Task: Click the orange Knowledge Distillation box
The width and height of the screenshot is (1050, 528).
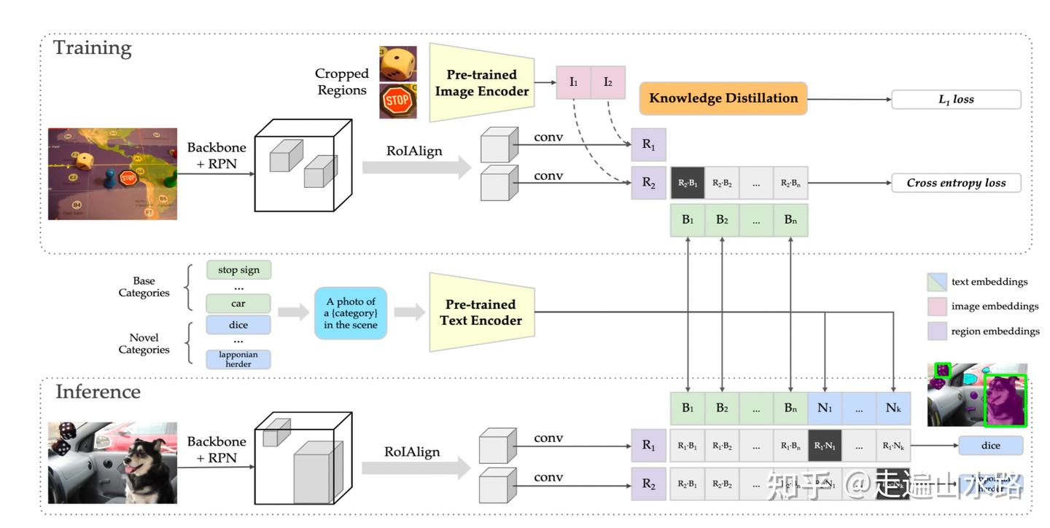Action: [x=723, y=98]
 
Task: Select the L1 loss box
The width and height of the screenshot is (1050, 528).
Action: [x=956, y=100]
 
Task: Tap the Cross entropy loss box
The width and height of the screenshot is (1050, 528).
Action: [x=956, y=183]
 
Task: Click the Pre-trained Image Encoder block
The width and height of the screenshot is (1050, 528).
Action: [x=481, y=83]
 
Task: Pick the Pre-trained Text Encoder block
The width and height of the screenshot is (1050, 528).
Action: [x=482, y=312]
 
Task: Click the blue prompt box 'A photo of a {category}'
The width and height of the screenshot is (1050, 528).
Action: [x=351, y=313]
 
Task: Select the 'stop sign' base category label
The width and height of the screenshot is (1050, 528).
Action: [x=238, y=270]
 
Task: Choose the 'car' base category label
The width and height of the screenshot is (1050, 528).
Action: [x=238, y=303]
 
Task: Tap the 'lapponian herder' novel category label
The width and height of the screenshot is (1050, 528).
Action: [x=238, y=359]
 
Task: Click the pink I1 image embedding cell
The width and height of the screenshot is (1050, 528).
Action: [x=573, y=82]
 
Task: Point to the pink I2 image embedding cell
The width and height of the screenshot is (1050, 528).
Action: [x=608, y=82]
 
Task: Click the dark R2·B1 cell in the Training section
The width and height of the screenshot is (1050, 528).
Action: [x=687, y=183]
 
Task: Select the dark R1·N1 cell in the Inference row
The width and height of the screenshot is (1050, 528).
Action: [x=825, y=445]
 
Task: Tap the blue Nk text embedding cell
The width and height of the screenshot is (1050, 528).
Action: [x=894, y=408]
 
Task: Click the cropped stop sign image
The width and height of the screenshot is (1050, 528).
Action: [x=398, y=101]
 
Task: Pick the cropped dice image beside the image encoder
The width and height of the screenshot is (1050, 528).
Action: [x=398, y=64]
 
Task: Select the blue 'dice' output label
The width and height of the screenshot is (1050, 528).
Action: [x=991, y=445]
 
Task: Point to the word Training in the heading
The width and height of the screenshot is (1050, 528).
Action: [x=93, y=48]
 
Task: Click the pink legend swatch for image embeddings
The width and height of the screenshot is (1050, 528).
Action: [x=937, y=306]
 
